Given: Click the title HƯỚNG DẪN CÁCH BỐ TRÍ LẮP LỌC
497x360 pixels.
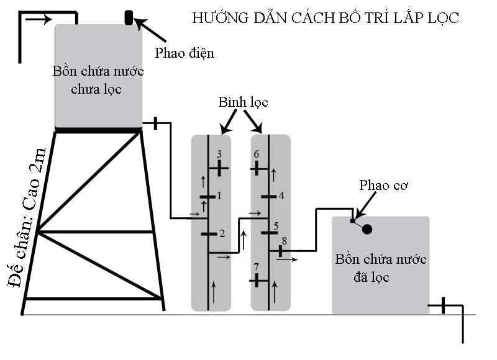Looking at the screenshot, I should click(x=326, y=18).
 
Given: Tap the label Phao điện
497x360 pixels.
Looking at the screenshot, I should click(x=185, y=53).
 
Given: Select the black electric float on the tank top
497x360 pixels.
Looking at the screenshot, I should click(x=129, y=17).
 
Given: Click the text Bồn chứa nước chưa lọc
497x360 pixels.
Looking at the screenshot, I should click(x=99, y=79).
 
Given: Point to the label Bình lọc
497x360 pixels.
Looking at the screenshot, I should click(x=243, y=102).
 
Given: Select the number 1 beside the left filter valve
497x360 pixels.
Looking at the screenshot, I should click(x=219, y=196).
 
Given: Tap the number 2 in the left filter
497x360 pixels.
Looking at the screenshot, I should click(x=222, y=233).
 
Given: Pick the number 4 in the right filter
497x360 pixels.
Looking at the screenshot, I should click(x=281, y=196).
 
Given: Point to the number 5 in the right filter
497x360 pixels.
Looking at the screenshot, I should click(x=276, y=225).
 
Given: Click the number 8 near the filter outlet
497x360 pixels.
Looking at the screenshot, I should click(x=284, y=240).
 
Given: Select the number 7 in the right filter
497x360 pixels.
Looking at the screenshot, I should click(x=256, y=268).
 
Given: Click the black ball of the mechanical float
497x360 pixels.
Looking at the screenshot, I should click(x=367, y=229).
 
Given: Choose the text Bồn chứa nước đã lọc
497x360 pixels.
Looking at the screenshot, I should click(x=380, y=268).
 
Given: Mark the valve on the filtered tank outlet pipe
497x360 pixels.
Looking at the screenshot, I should click(x=443, y=305).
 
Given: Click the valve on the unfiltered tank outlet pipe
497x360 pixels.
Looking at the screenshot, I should click(x=155, y=124).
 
